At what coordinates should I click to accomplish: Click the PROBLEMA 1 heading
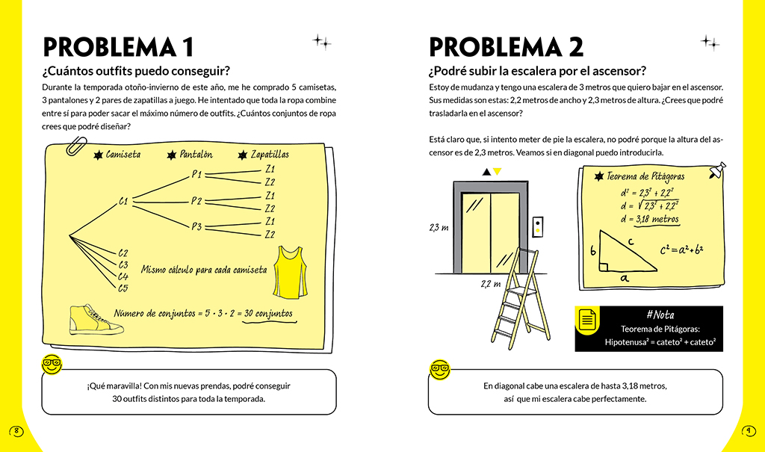click(x=119, y=46)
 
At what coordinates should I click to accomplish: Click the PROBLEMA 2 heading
click(x=506, y=46)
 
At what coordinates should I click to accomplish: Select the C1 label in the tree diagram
click(x=124, y=201)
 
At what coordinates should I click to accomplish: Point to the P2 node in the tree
click(x=196, y=201)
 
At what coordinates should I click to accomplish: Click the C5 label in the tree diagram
click(x=123, y=288)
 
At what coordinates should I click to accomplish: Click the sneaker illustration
click(x=94, y=321)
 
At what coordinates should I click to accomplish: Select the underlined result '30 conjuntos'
click(x=268, y=313)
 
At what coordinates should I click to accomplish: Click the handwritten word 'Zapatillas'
click(x=270, y=155)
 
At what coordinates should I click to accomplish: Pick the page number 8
click(x=16, y=430)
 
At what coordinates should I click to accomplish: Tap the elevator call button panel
click(x=537, y=227)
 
